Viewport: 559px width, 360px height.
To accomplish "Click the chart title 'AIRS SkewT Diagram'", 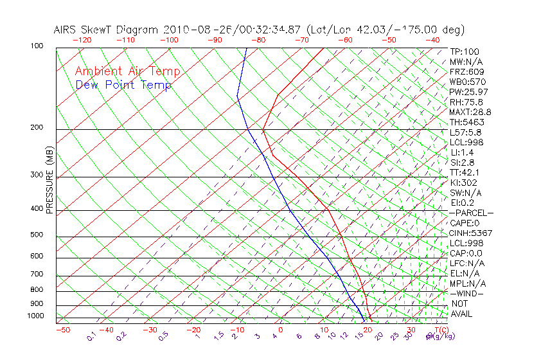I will point(107,30).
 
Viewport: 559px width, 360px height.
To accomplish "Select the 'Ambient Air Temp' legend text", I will point(128,71).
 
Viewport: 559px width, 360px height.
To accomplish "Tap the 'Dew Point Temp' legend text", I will point(123,85).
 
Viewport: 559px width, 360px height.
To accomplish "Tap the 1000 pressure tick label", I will point(37,316).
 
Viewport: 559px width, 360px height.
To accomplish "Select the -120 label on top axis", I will point(82,40).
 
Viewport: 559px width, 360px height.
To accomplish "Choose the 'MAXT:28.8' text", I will point(470,112).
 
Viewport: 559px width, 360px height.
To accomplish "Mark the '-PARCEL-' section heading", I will point(471,213).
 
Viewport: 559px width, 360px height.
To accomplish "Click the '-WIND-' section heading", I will point(467,293).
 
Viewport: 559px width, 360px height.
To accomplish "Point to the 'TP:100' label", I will point(465,51).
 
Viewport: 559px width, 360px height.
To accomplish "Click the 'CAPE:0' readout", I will point(465,223).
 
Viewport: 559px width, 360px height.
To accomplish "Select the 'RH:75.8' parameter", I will point(466,102).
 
